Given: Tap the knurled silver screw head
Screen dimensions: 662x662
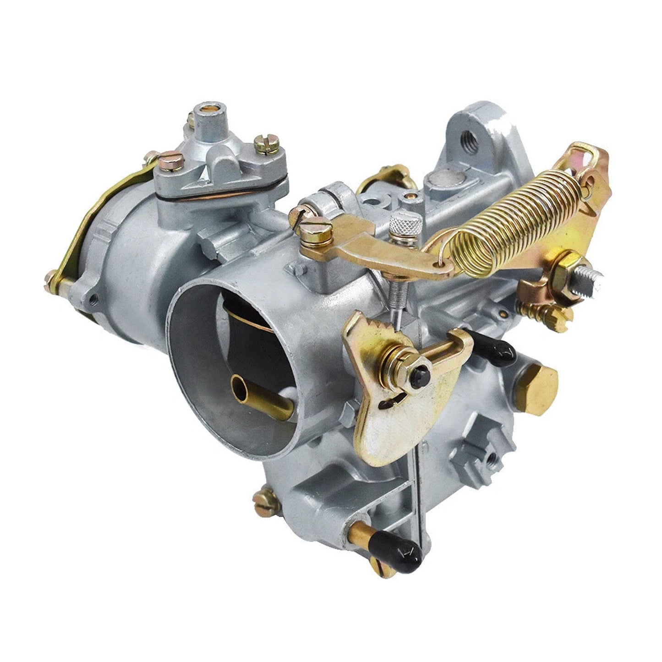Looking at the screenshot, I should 406,224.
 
